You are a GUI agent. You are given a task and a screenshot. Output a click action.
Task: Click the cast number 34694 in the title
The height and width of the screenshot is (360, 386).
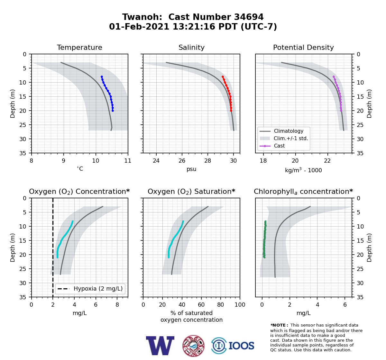click(249, 17)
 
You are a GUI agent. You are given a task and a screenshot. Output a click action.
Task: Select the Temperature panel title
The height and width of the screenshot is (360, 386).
click(79, 47)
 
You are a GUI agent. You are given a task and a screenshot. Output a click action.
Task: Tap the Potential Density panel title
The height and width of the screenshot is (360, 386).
click(303, 47)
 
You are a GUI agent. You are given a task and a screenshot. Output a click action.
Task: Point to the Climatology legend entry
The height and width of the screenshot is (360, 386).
click(281, 131)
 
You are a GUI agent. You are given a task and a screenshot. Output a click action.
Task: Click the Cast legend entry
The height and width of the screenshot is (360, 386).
click(272, 146)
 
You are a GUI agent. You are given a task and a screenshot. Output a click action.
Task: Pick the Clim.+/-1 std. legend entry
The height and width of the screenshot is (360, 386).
click(284, 138)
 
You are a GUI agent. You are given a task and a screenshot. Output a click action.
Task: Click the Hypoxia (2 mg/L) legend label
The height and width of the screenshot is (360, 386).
click(98, 289)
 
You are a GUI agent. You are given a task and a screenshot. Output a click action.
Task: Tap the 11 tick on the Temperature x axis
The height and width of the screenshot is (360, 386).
click(128, 161)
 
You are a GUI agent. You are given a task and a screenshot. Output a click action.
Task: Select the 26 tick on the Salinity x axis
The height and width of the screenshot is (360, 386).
click(182, 161)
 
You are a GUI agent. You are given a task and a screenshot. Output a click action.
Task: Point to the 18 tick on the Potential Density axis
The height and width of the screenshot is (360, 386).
click(263, 161)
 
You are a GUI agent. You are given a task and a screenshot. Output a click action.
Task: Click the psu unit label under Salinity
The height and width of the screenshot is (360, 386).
click(191, 169)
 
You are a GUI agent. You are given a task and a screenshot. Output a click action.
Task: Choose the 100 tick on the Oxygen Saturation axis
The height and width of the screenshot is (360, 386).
click(240, 305)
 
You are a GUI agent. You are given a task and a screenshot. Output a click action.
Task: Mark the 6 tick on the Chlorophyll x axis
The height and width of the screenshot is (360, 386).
click(345, 305)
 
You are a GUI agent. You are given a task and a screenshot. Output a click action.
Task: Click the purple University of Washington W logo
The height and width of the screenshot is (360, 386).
click(160, 346)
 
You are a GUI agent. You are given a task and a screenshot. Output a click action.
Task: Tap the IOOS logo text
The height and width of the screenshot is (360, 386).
click(241, 346)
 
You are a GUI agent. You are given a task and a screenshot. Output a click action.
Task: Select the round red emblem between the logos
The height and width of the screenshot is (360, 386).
click(193, 346)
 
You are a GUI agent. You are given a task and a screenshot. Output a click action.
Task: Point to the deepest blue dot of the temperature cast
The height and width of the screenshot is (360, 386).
click(113, 111)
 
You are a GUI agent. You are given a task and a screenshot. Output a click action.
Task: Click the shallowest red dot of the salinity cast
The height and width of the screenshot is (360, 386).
click(223, 77)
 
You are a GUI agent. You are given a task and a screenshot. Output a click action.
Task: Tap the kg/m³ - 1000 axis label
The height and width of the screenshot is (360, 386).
click(303, 170)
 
